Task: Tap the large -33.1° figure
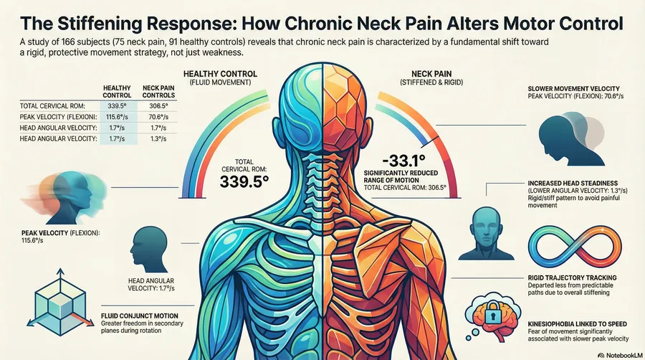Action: click(x=403, y=160)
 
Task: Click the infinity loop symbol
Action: click(x=575, y=247)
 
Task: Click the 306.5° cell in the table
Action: click(x=158, y=105)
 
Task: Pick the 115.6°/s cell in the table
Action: click(x=118, y=117)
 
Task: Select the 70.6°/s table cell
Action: click(x=158, y=117)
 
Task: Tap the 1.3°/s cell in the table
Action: click(x=158, y=138)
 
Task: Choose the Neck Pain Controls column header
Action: click(x=158, y=91)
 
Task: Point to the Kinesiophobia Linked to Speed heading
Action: click(x=577, y=324)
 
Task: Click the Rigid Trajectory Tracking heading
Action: click(x=572, y=278)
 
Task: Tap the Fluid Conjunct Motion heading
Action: click(x=140, y=316)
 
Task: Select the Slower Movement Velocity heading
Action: click(x=573, y=88)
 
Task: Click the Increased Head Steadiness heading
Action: click(x=573, y=183)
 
